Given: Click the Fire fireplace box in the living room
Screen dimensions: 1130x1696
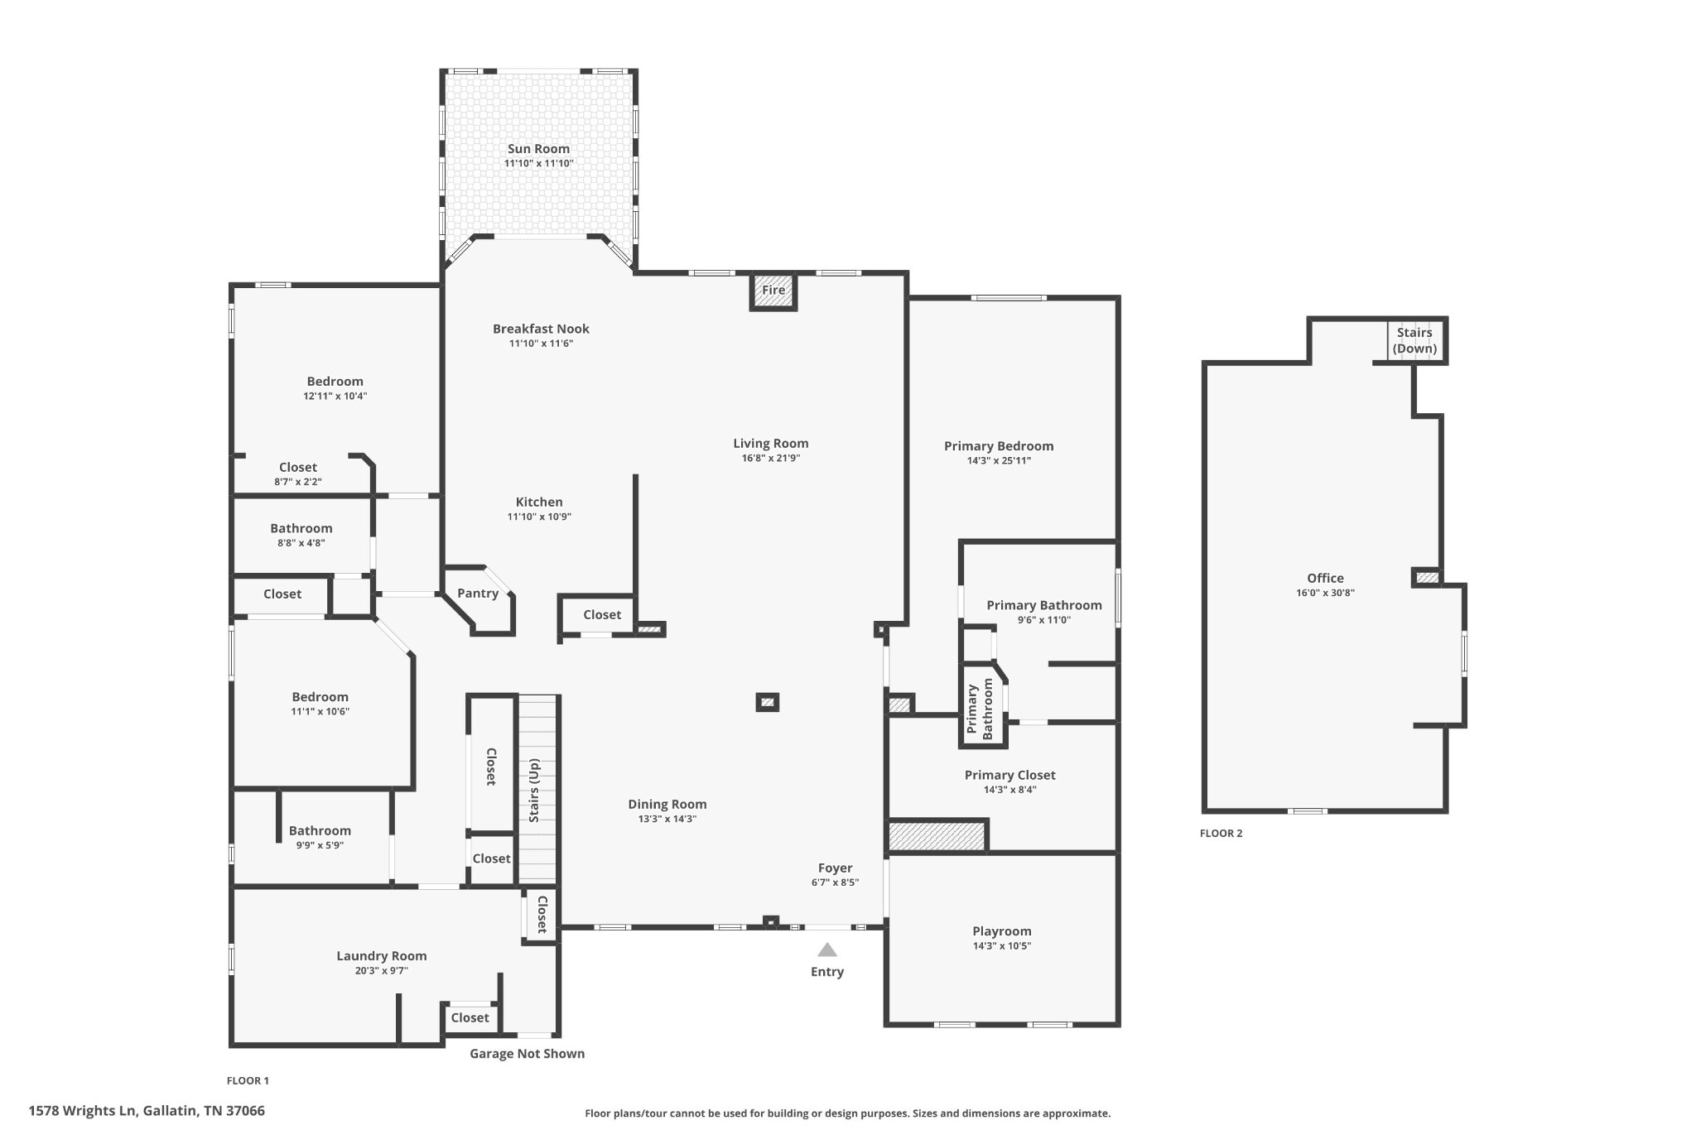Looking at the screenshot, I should [x=773, y=291].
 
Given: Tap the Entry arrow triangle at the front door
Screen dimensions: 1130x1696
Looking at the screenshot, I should [x=826, y=950].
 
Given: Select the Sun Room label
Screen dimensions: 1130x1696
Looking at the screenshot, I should [x=538, y=149].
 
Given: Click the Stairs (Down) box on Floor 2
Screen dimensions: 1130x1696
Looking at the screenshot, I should [x=1414, y=340].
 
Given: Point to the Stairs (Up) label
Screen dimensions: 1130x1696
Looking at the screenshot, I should [x=534, y=790].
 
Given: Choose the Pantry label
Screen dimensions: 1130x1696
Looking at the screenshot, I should [x=478, y=593].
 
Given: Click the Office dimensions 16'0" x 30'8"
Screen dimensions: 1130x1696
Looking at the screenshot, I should [x=1325, y=593].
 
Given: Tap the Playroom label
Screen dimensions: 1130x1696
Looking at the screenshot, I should [x=1001, y=931].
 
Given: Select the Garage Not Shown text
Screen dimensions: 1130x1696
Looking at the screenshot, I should [x=527, y=1054].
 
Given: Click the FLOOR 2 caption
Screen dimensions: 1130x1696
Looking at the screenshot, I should [x=1221, y=834].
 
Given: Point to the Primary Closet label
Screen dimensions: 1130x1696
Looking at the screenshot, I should [x=1009, y=775].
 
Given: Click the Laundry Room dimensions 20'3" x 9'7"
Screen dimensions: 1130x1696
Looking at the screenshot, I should [x=381, y=970].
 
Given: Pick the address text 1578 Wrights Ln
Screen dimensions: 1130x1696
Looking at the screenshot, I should [x=147, y=1111].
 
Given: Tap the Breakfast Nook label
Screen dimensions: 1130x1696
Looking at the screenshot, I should [x=541, y=329].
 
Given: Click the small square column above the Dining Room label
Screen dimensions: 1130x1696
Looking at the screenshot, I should [x=767, y=702].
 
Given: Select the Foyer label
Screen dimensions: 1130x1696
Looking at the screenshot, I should [x=835, y=868].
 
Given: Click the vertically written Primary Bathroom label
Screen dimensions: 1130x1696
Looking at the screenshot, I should [x=980, y=709].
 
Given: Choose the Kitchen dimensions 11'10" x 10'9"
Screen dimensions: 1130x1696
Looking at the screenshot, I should [x=539, y=517].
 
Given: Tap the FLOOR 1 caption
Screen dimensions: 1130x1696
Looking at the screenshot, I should [x=248, y=1080].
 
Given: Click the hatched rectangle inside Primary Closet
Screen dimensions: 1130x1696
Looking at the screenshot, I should [x=936, y=835].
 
